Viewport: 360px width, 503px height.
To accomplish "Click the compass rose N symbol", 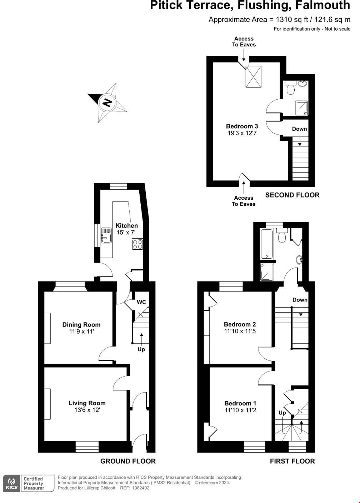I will [x=107, y=103].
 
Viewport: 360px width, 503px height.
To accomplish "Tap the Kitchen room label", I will [x=126, y=225].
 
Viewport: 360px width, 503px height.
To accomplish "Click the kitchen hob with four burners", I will [x=138, y=244].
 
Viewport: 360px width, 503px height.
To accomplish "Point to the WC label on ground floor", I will [x=141, y=302].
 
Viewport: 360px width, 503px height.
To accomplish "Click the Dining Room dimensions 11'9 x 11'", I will [x=81, y=332].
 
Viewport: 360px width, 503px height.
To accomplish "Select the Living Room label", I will [x=87, y=403].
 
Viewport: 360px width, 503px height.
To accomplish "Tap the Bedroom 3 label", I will [x=242, y=126].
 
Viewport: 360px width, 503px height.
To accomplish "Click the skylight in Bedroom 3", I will [x=254, y=76].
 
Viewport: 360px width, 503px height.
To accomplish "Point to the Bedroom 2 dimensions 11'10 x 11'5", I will [x=240, y=331].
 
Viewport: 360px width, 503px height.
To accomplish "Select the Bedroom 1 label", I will [x=240, y=403].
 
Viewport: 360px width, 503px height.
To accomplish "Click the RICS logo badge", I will [x=11, y=484].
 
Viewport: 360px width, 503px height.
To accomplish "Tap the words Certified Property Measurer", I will [x=34, y=483].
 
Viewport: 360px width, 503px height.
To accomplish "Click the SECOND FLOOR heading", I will [x=292, y=195].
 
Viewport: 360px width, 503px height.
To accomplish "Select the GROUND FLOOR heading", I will [x=128, y=461].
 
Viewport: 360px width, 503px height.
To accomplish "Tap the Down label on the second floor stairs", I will [x=299, y=129].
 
